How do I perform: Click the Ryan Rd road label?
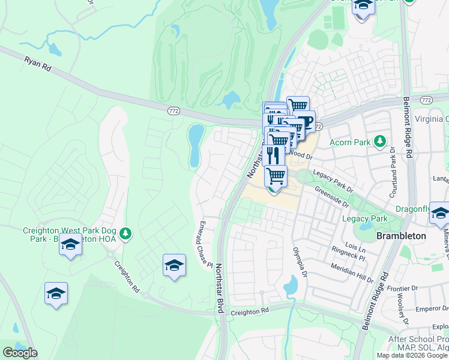[x=38, y=65]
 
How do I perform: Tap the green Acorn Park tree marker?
[x=379, y=142]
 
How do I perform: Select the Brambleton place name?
[x=401, y=236]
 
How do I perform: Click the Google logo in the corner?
[x=20, y=353]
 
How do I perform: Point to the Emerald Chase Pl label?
[x=206, y=251]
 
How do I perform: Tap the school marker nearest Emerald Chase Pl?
[x=174, y=265]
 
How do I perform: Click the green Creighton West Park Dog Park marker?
[x=125, y=233]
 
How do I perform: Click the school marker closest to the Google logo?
[x=56, y=293]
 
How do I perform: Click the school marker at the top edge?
[x=363, y=6]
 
